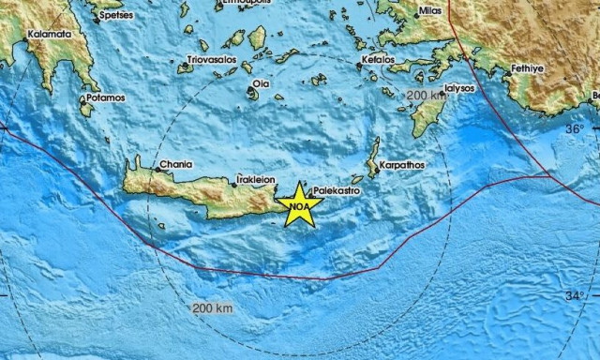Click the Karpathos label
(402, 165)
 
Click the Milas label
(431, 10)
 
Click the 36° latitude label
(574, 128)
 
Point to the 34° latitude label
(574, 296)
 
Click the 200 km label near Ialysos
(427, 96)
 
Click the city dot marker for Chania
(157, 171)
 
